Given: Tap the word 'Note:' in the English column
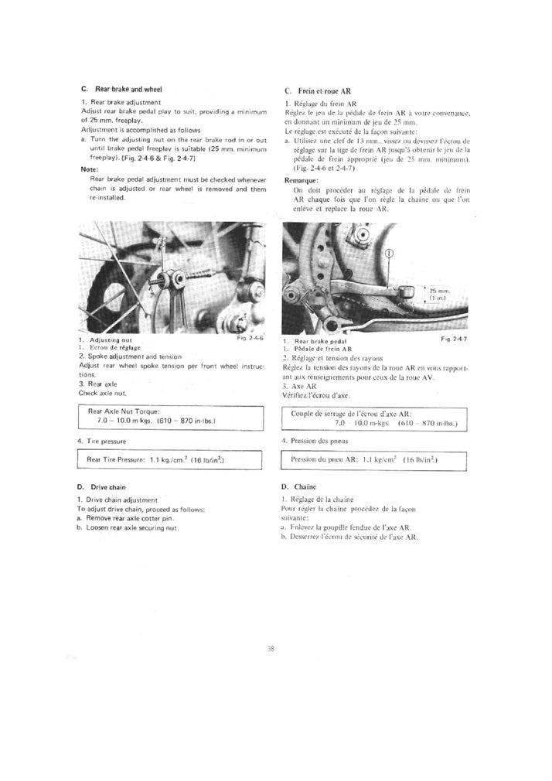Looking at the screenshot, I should pos(89,169).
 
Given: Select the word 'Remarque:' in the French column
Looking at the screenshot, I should pos(302,179).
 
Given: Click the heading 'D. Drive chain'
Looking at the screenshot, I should pos(105,488).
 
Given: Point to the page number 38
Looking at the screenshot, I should pos(271,650).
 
